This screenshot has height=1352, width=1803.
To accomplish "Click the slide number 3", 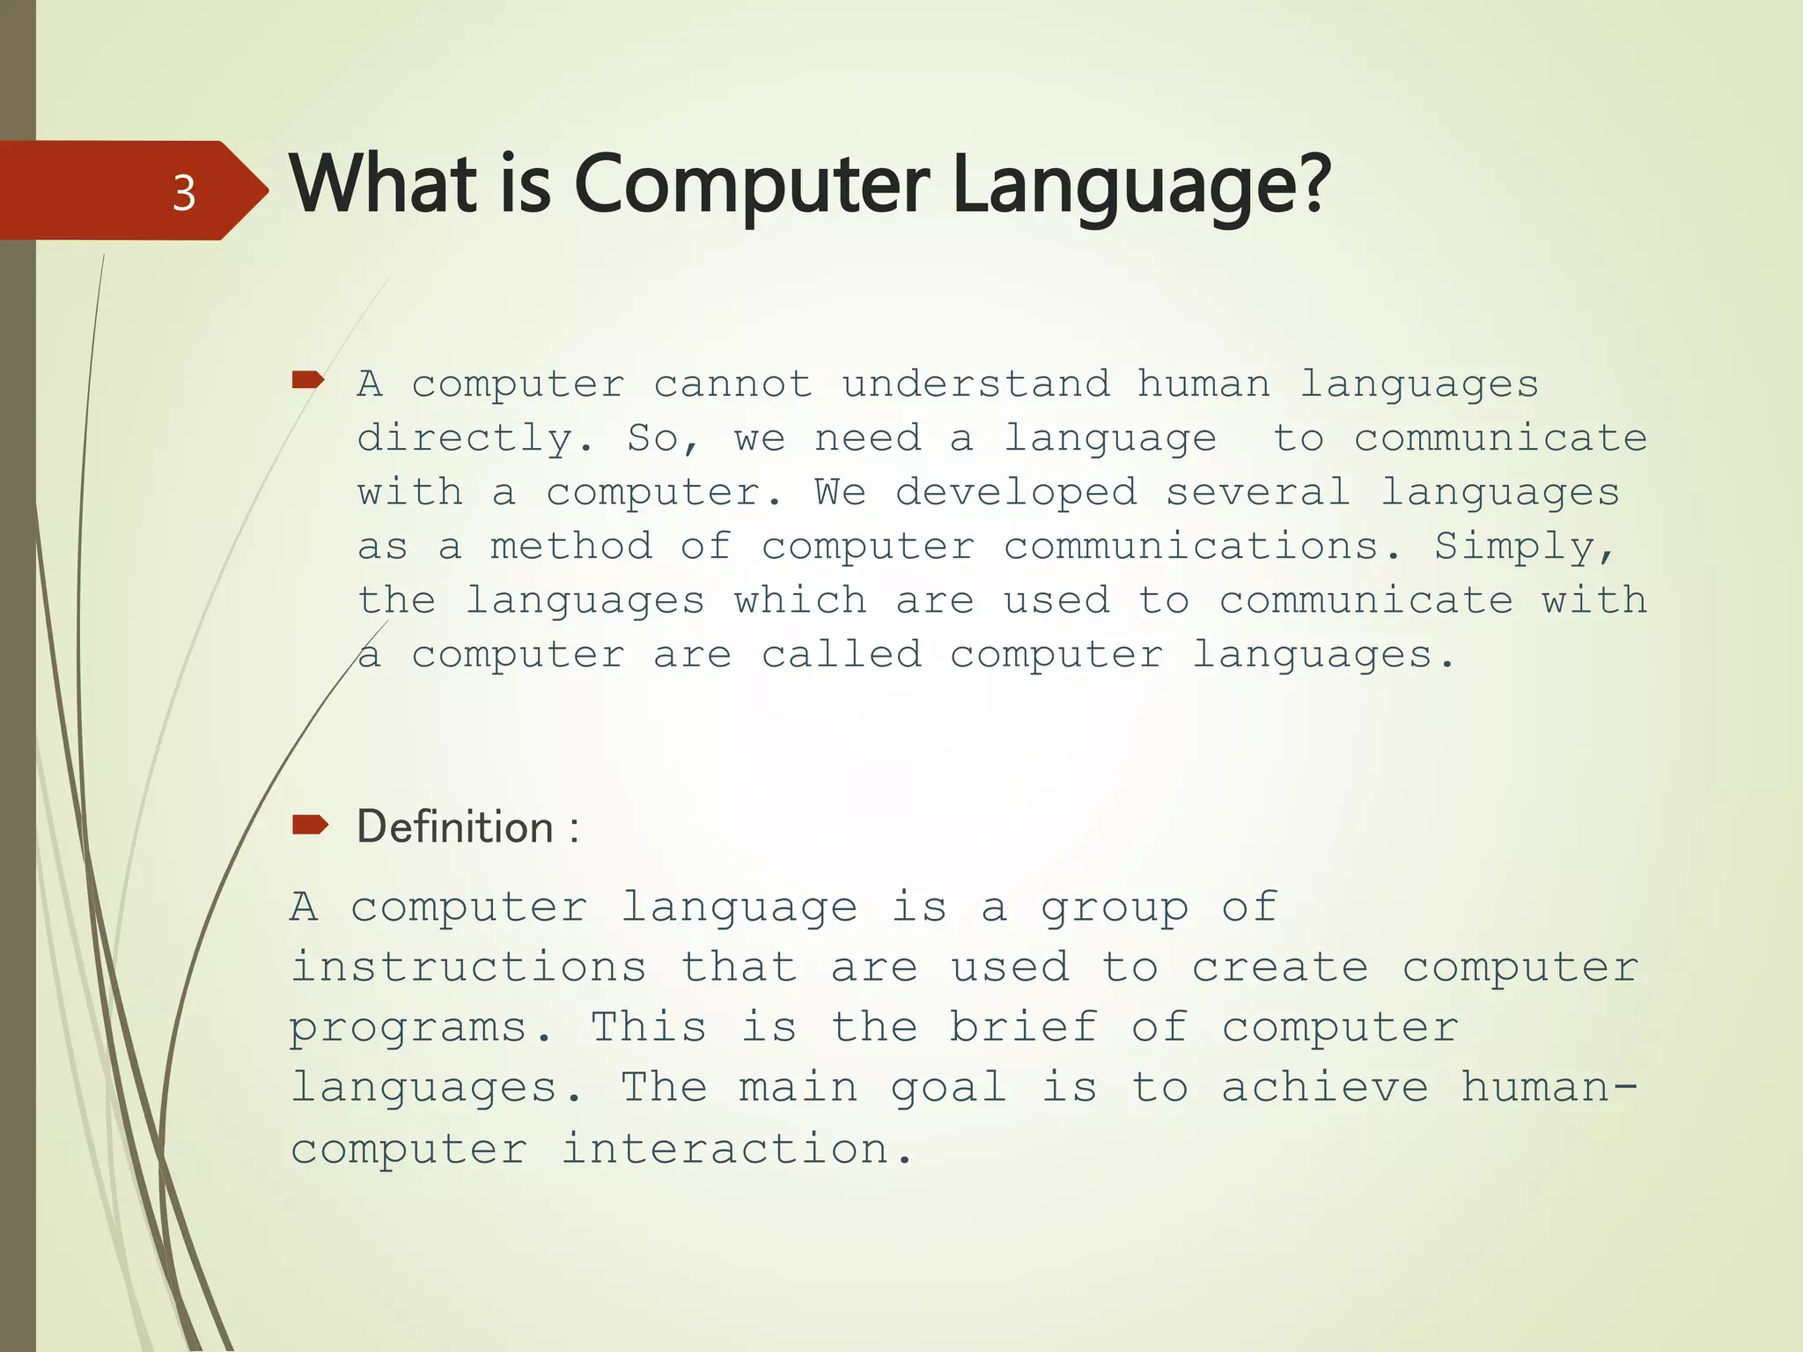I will tap(184, 193).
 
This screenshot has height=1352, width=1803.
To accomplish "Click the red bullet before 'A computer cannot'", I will tap(308, 379).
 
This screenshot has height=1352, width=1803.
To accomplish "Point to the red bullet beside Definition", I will tap(310, 824).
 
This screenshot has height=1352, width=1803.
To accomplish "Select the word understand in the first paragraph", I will tap(975, 385).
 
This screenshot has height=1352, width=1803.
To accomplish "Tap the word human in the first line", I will tap(1203, 385).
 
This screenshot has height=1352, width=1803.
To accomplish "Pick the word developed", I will tap(1016, 493).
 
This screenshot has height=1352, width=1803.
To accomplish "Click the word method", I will tap(570, 547).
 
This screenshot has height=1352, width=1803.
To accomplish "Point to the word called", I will tap(841, 655).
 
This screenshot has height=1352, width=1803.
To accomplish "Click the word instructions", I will tap(469, 967).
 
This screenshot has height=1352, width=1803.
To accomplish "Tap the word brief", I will tap(1023, 1027).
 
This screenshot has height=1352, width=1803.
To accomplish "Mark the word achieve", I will tap(1324, 1087).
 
